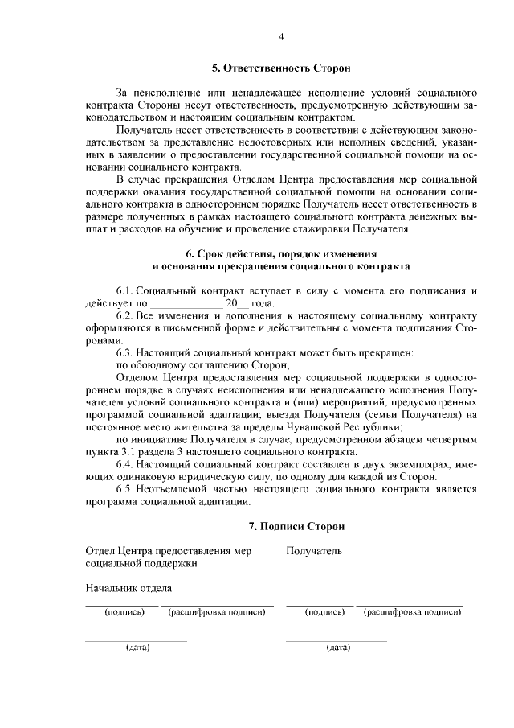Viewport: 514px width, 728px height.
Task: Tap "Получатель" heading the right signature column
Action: [314, 551]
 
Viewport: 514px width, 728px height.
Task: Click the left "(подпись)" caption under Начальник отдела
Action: [124, 612]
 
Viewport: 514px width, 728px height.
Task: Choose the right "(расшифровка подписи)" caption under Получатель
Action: [412, 612]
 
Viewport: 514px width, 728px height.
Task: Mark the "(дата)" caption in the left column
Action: [137, 647]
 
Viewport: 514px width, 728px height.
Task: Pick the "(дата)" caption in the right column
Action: [337, 647]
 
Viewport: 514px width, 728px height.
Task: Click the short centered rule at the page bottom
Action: [281, 664]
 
